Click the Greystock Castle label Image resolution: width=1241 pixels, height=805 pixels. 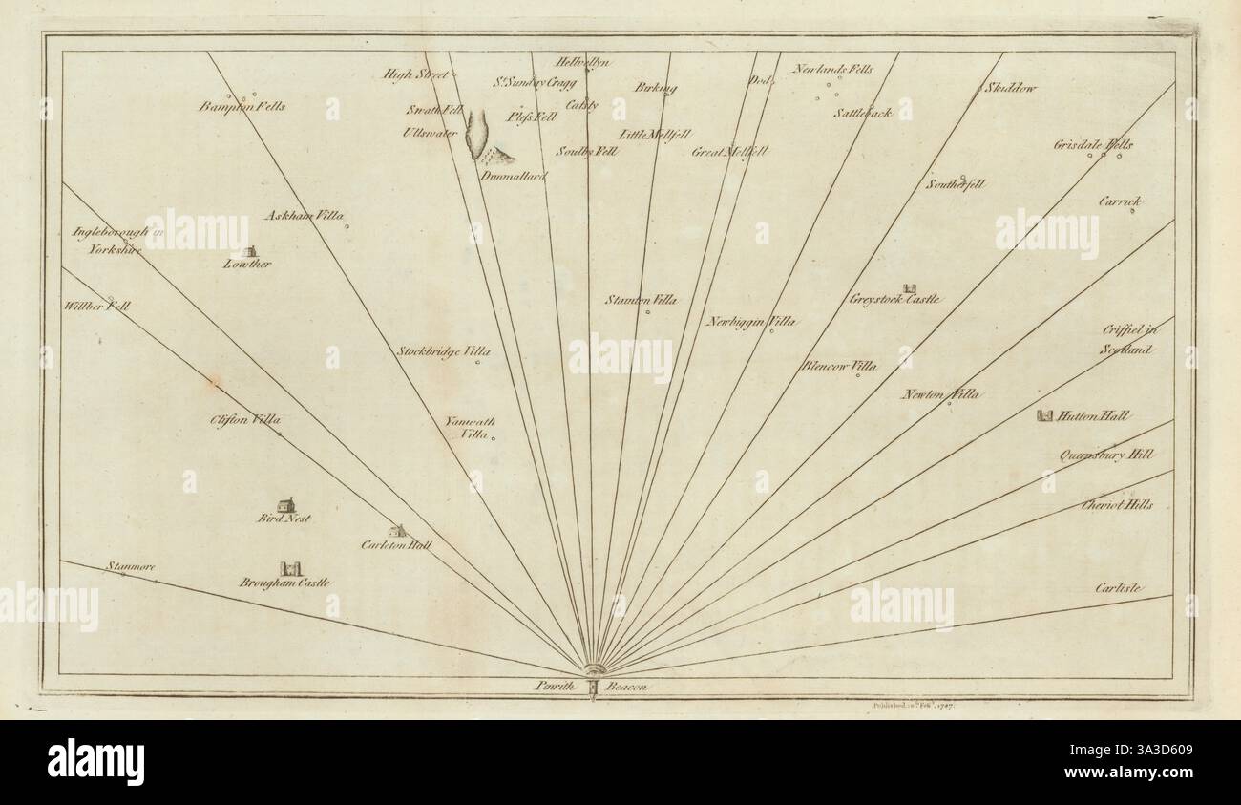pos(894,300)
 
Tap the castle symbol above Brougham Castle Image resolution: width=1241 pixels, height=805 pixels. pos(289,568)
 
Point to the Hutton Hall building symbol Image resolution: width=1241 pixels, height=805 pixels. pos(1045,415)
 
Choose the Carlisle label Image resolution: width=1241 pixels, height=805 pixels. pos(1119,588)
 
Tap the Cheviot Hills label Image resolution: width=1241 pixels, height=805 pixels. pos(1117,504)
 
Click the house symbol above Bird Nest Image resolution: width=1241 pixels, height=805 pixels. pos(285,503)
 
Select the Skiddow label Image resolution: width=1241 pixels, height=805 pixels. pos(1008,88)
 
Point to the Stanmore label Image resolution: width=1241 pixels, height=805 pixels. pos(132,566)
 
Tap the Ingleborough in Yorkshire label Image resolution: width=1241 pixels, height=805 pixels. pos(109,240)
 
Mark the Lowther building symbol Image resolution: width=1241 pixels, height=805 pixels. pos(247,249)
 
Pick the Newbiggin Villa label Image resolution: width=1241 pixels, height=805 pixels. pos(751,322)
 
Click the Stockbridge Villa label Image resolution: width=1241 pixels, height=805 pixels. pos(443,351)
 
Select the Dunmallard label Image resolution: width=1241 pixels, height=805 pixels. pos(513,176)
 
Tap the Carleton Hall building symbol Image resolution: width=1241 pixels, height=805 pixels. pos(397,531)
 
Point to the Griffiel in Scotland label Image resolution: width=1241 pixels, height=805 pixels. pos(1127,339)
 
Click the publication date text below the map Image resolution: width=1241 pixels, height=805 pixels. pos(915,705)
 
